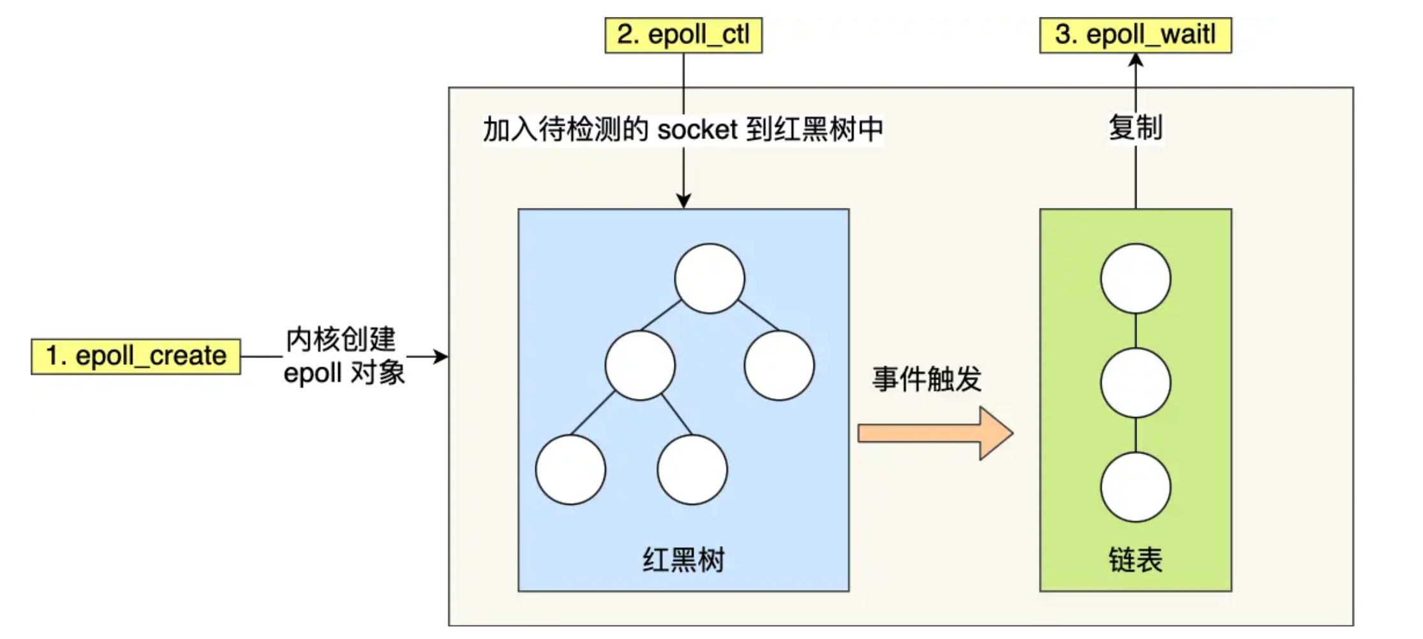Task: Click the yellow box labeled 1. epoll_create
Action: coord(136,356)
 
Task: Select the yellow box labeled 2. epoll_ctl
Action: coord(683,35)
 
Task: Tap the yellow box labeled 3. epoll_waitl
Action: coord(1135,35)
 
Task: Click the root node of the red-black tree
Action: coord(710,279)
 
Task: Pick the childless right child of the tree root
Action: coord(779,365)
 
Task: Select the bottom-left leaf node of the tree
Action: coord(570,470)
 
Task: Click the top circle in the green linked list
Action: coord(1136,279)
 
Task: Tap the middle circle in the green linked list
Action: coord(1136,383)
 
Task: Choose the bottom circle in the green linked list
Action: coord(1136,487)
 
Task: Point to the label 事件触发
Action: coord(927,379)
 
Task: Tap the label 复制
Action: coord(1136,128)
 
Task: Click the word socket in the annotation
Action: coord(697,130)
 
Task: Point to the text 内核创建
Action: coord(341,339)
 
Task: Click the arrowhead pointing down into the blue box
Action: coord(683,202)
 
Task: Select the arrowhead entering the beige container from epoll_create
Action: coord(441,356)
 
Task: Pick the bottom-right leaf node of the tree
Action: coord(692,470)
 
